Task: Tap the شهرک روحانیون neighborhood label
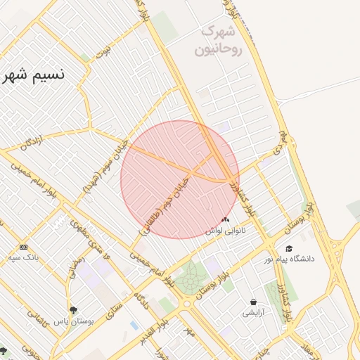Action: (x=221, y=41)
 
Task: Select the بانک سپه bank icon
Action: (x=24, y=247)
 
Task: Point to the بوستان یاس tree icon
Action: (x=73, y=309)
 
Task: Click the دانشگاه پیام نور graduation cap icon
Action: (x=289, y=248)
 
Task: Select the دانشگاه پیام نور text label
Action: (x=290, y=259)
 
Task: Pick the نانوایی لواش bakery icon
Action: (x=225, y=220)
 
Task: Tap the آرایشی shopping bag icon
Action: (x=253, y=302)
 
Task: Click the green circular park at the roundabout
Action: (x=188, y=279)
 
